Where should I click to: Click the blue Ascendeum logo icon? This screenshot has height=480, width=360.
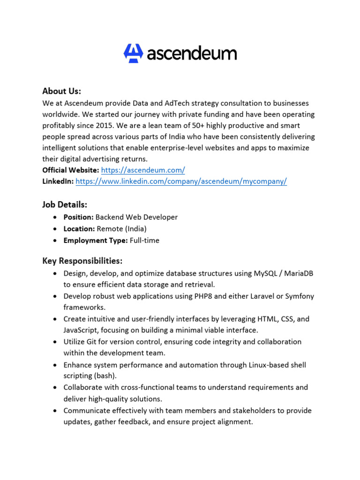pos(133,53)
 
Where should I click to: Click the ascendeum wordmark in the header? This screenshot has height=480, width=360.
pos(192,53)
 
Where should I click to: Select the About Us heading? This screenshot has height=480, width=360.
pos(61,90)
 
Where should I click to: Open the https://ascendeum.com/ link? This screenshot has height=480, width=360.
pos(143,171)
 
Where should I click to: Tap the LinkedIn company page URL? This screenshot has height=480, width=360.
pos(181,182)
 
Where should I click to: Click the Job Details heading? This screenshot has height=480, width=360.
pos(65,205)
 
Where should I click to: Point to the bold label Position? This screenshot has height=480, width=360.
pos(79,217)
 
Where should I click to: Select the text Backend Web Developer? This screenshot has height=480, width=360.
pos(136,217)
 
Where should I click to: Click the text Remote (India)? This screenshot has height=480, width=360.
pos(121,229)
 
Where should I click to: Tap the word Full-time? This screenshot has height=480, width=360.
pos(144,240)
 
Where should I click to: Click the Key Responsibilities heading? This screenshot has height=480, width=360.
pos(82,261)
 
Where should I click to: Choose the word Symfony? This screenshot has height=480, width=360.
pos(299,296)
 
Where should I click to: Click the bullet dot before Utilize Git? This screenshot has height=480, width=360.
pos(56,342)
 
